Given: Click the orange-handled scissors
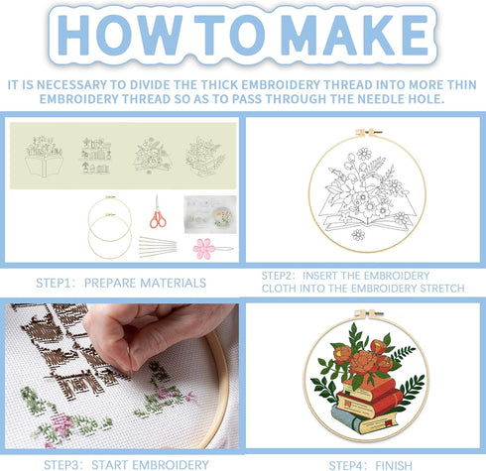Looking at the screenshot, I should (158, 212).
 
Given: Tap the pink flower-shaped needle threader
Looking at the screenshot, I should (204, 248).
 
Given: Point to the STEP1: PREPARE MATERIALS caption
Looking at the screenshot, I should (118, 283).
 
